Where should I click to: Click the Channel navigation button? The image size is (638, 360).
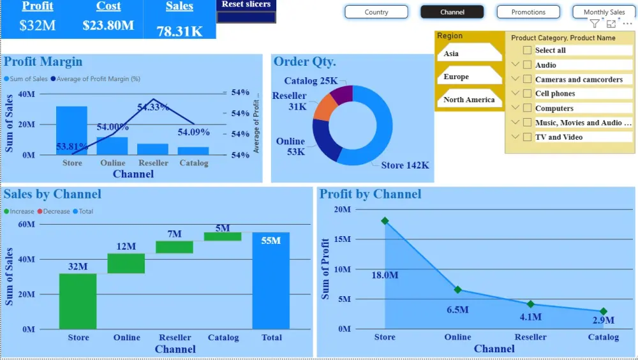point(452,12)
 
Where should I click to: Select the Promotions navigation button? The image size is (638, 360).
point(528,12)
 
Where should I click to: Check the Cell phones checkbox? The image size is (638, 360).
point(527,94)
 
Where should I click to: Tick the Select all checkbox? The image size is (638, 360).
point(527,50)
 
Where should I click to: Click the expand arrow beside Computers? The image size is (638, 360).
point(516,108)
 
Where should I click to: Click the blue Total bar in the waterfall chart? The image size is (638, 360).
point(271,281)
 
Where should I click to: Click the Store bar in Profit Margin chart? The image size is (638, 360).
point(71,130)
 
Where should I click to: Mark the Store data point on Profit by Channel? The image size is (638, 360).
point(385,221)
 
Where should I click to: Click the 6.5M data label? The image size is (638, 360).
point(457,310)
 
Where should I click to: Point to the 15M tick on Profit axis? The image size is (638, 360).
point(343,239)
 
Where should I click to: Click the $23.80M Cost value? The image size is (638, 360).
point(108,26)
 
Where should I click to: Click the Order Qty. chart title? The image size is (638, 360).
point(304,62)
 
